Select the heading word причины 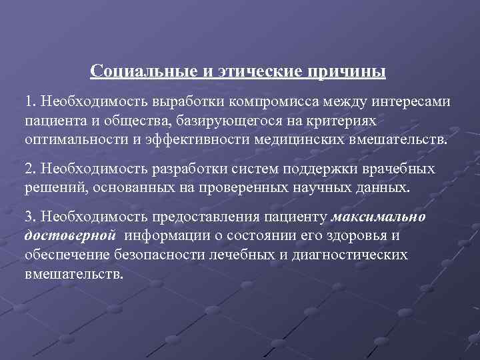point(351,71)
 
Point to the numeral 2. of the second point point(31,169)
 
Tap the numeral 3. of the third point point(31,217)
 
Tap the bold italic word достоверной point(71,236)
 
